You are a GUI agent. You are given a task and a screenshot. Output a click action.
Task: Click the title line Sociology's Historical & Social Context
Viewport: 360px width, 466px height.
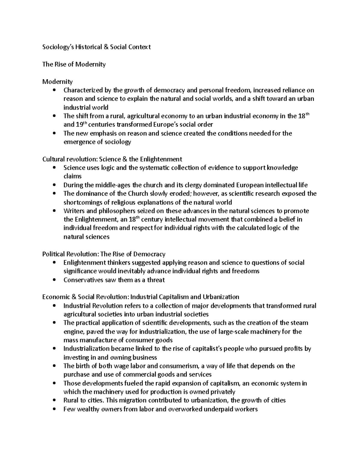click(96, 47)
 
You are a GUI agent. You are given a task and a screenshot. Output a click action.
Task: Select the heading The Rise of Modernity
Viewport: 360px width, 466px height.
click(74, 64)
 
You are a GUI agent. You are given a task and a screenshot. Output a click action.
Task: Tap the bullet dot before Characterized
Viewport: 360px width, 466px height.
click(54, 90)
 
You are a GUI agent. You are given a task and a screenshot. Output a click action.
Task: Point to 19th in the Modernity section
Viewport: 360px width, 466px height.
click(79, 124)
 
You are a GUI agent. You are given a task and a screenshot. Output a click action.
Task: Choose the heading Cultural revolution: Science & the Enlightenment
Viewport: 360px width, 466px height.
click(112, 159)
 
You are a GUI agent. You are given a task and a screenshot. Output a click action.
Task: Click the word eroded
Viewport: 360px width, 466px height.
click(176, 194)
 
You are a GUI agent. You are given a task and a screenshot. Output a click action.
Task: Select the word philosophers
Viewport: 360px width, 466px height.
click(118, 211)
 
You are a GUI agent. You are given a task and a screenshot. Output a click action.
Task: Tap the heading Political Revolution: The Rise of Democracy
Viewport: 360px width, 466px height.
click(104, 254)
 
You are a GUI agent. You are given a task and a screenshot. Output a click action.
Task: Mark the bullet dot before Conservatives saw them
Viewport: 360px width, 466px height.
click(54, 280)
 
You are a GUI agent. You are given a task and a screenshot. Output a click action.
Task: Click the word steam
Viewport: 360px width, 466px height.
click(299, 323)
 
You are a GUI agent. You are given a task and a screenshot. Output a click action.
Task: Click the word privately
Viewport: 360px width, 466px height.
click(223, 392)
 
